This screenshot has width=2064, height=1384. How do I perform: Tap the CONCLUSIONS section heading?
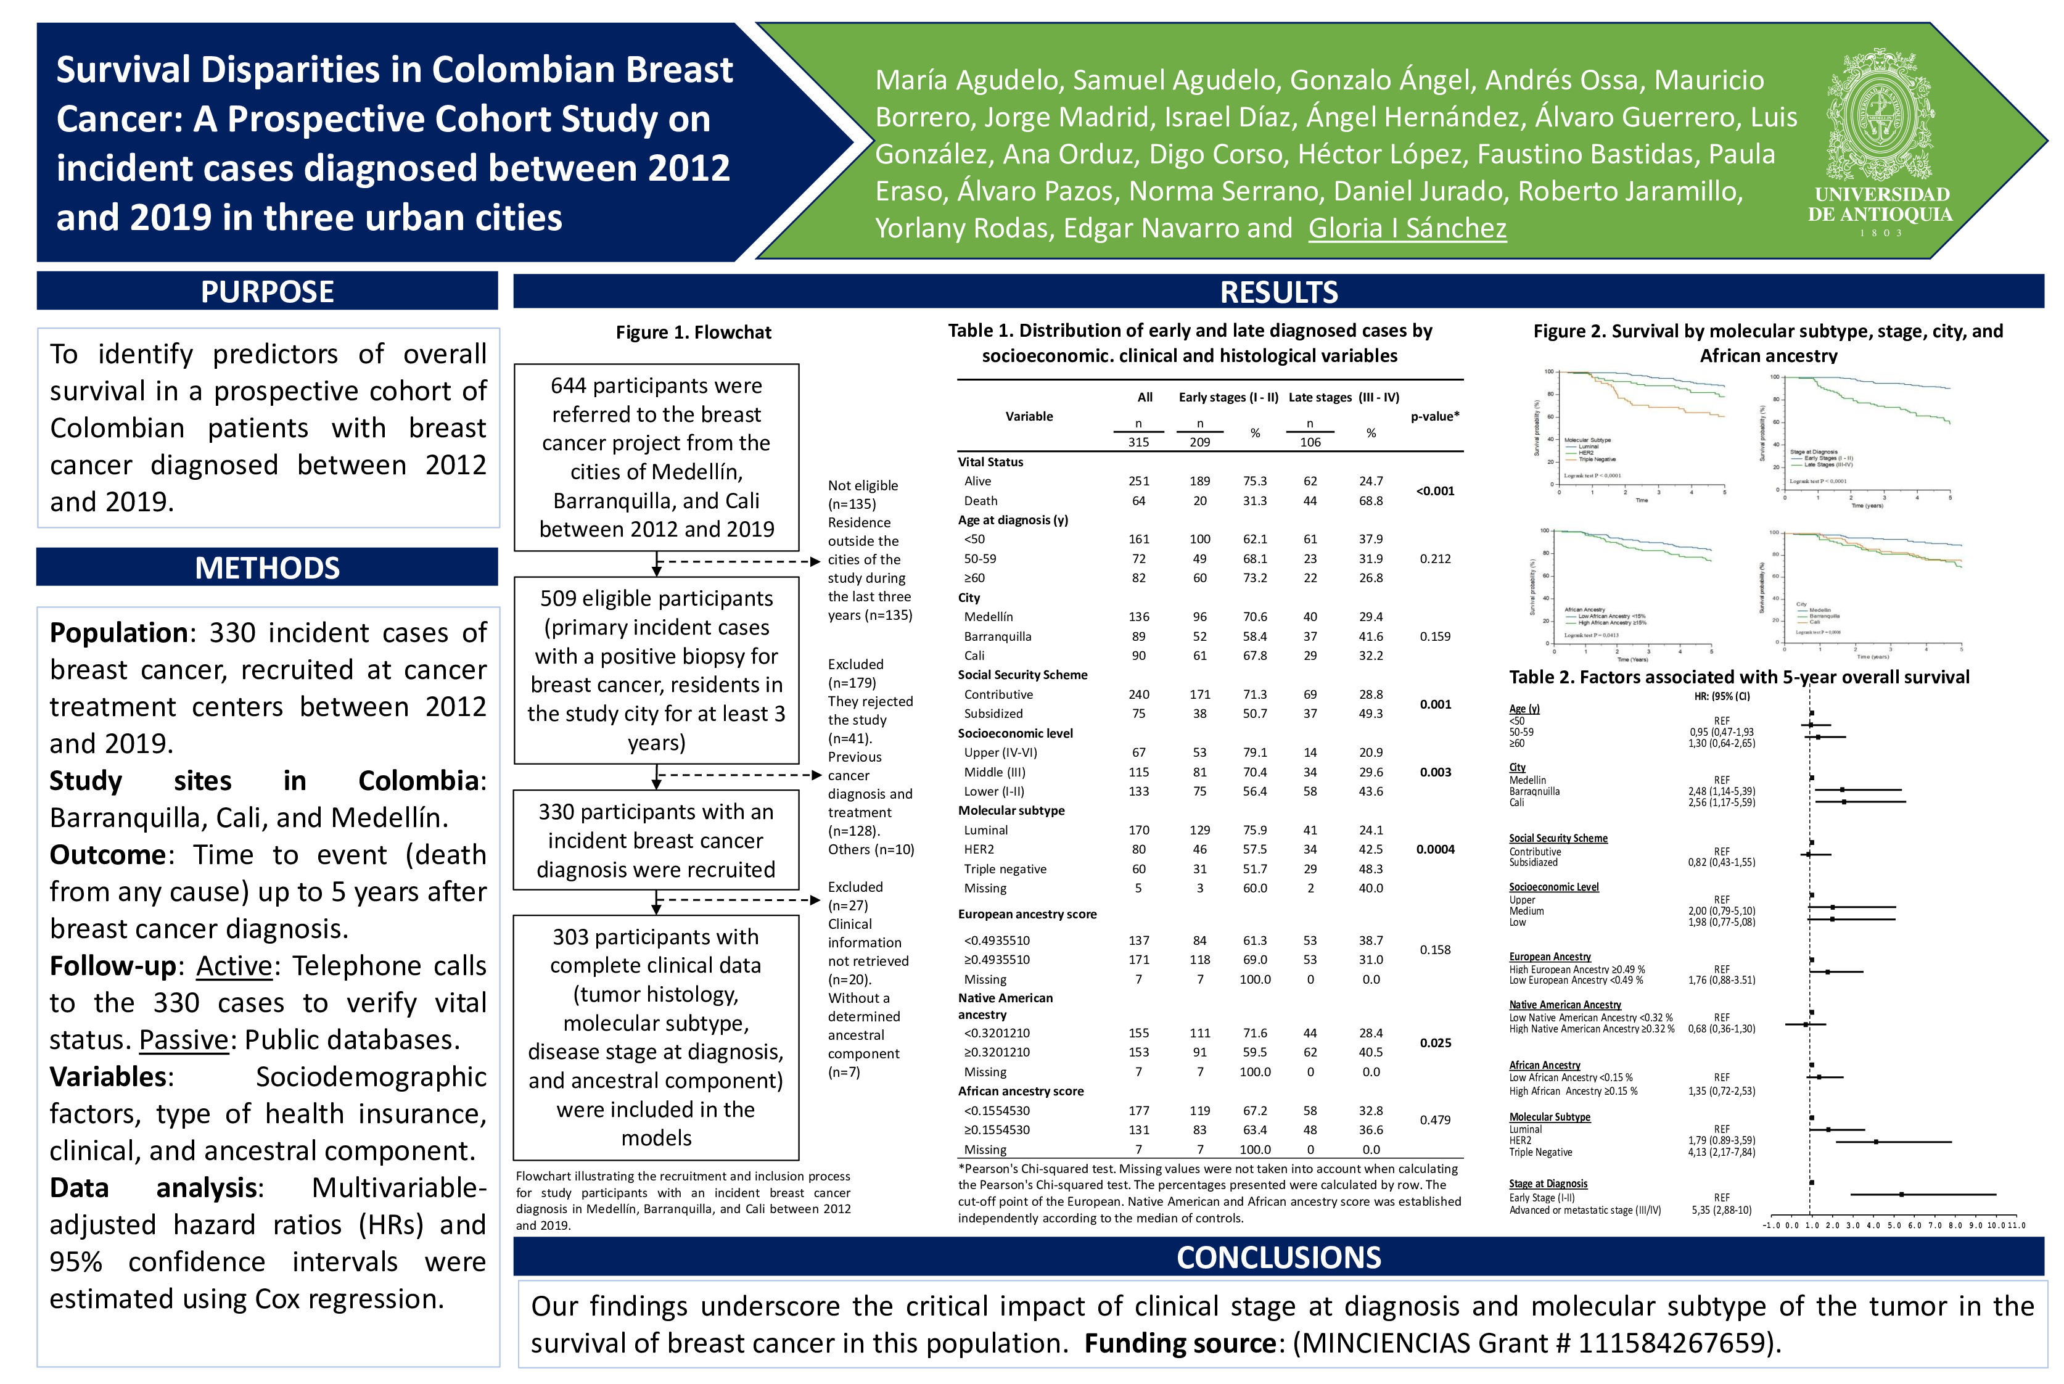1278,1257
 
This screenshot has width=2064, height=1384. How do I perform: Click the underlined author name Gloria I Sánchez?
1407,229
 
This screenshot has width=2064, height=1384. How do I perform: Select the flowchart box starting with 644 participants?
657,457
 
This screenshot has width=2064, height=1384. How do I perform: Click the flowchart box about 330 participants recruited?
657,840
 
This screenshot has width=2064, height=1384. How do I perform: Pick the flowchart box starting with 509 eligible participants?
657,670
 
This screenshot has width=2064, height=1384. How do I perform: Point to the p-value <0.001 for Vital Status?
1435,491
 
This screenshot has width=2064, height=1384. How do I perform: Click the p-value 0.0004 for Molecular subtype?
1435,849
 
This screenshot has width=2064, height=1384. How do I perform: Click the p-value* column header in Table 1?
1435,416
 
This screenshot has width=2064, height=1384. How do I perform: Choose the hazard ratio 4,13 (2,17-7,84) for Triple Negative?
1721,1153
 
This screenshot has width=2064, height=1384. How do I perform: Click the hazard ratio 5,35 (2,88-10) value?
1721,1210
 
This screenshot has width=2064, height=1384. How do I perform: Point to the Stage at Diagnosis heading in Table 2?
1548,1184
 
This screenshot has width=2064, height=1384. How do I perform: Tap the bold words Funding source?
1179,1343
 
